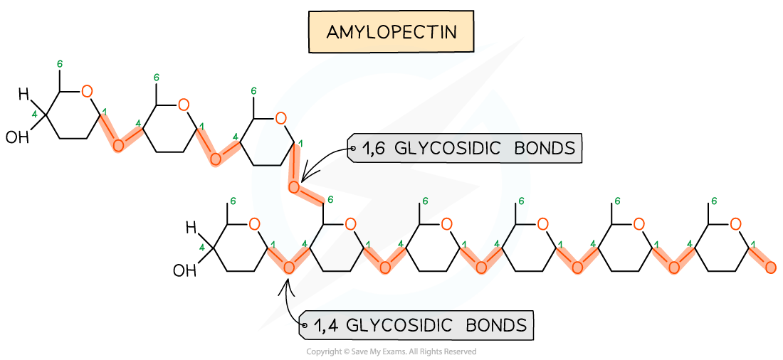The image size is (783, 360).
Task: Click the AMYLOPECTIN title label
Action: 391,32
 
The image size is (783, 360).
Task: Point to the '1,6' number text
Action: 374,149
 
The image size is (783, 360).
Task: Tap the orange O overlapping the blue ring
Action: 281,118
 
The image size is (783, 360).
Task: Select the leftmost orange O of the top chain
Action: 87,91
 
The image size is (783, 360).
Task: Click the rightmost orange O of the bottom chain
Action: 735,224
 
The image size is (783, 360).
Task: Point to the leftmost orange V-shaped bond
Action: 120,133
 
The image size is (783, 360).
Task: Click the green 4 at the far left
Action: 34,114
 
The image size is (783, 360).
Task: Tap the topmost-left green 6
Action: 60,64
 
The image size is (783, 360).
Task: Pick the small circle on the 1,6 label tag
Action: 352,149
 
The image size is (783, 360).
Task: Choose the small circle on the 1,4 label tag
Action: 304,327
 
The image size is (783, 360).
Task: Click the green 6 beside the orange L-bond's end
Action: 330,200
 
